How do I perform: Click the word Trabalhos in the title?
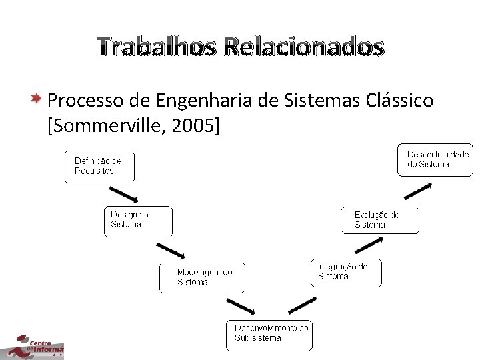point(156,47)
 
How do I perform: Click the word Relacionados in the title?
point(304,47)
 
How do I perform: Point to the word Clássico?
point(400,101)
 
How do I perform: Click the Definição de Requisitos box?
point(99,167)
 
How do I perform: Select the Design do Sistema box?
point(138,221)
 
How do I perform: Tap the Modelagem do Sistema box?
point(202,277)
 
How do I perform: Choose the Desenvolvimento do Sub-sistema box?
point(270,333)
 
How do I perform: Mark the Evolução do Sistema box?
point(380,220)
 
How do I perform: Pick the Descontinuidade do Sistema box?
point(435,160)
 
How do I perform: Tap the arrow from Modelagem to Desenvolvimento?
point(240,307)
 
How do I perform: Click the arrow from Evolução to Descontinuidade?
point(417,189)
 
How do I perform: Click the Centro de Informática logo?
point(32,346)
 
